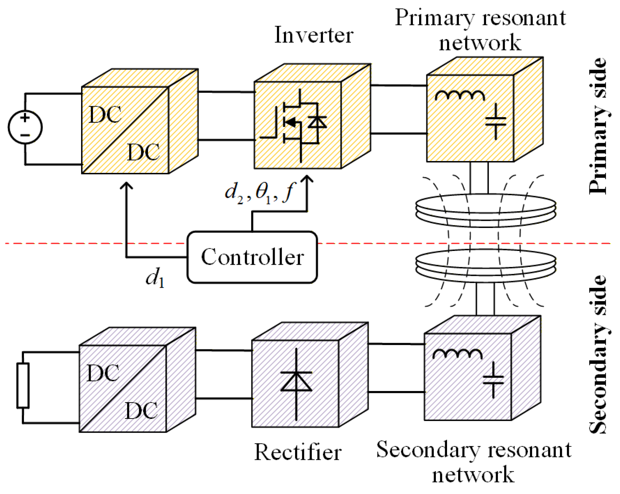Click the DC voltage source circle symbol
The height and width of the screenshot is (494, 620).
[25, 127]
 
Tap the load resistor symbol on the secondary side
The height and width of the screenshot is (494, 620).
[23, 385]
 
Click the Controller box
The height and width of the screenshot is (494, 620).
[252, 257]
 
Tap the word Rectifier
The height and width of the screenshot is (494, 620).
[298, 452]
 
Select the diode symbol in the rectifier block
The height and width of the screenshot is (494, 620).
[296, 382]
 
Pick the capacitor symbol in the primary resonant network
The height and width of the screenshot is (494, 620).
[495, 122]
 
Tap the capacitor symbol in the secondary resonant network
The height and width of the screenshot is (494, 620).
[493, 380]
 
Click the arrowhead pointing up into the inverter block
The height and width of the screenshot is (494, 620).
[307, 179]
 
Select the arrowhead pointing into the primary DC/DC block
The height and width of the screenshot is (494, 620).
[126, 186]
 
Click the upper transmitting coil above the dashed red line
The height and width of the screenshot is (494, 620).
[486, 210]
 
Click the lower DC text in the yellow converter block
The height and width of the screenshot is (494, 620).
[143, 152]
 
